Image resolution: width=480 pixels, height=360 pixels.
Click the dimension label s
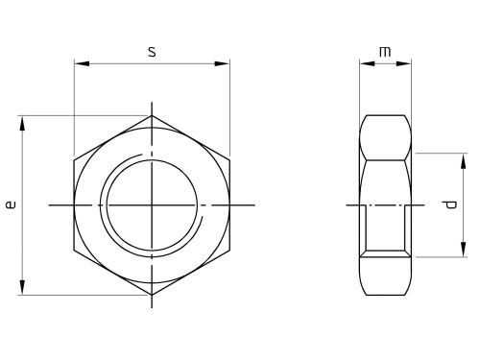coord(152,52)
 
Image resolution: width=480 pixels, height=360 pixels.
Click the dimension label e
coord(11,204)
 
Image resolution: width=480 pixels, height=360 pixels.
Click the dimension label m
coord(385,52)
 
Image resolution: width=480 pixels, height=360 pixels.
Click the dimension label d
coord(451,204)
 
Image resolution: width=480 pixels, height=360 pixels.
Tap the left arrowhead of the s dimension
coord(82,63)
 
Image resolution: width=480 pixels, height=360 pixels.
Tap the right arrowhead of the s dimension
coord(222,63)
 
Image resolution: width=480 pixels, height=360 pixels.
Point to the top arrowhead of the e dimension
coord(22,124)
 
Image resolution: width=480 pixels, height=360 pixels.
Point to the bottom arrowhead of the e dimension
coord(22,287)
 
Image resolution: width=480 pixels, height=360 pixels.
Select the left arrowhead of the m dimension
coord(367,63)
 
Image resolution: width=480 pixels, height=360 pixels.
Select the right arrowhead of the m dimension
coord(403,63)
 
